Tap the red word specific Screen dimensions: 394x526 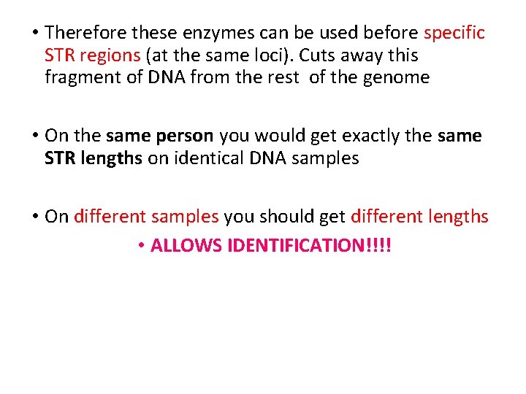(x=454, y=33)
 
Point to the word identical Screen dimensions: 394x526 (x=207, y=158)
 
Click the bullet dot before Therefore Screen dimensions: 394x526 (x=34, y=33)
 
